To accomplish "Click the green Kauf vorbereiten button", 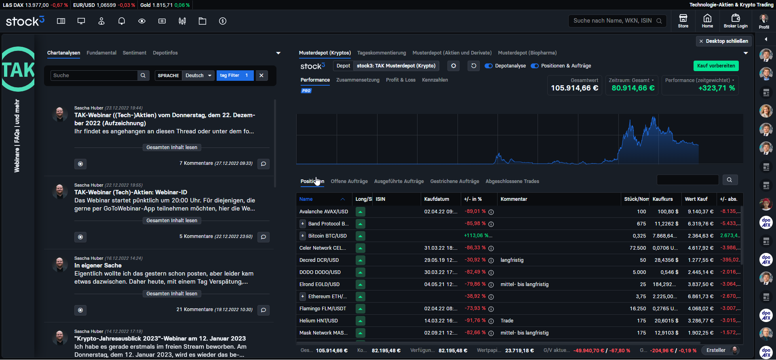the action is (x=716, y=66).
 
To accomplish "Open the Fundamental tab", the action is (x=101, y=53).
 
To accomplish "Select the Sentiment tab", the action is (x=135, y=53).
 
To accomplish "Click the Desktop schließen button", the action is (x=723, y=41).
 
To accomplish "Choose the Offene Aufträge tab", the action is (x=349, y=181).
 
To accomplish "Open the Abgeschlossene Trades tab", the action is (x=512, y=181).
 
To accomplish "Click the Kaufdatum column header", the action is (x=436, y=199).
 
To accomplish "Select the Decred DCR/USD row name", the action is (x=319, y=260).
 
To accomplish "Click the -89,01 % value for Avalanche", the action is (x=475, y=212).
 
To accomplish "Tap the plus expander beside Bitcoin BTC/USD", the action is (x=302, y=236).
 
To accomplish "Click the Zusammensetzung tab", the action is (x=358, y=80).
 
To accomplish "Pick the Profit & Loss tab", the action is (x=401, y=80).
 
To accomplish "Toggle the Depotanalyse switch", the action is (x=489, y=66).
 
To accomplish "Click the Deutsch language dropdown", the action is (x=198, y=76).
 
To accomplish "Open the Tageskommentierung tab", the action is (x=382, y=53).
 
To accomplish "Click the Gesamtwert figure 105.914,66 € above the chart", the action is (x=574, y=88).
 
